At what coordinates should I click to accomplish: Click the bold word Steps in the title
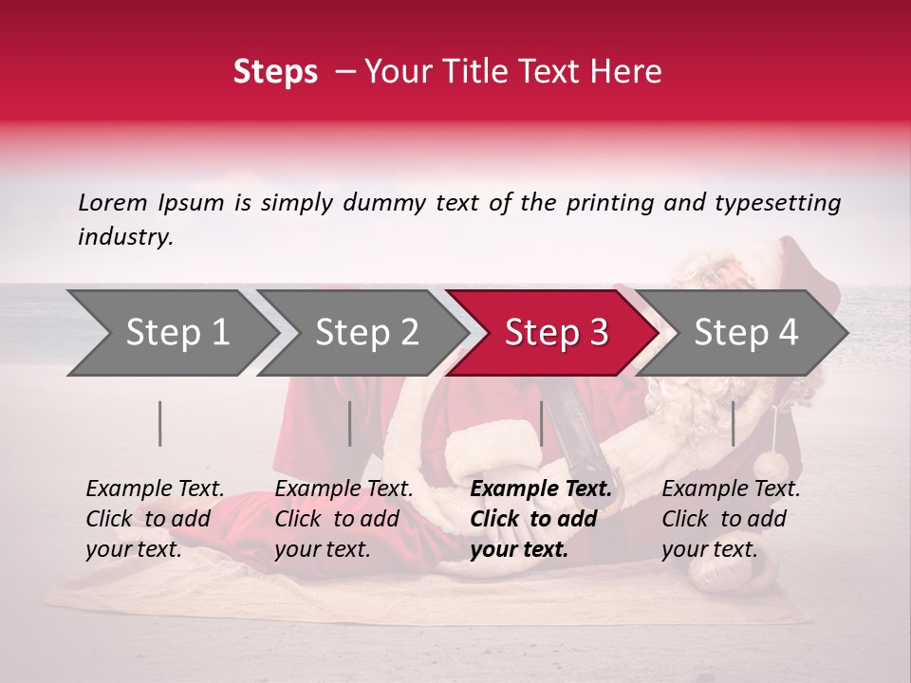tap(275, 71)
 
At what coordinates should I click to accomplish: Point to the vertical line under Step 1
tap(160, 423)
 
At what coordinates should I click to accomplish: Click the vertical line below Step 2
tap(350, 423)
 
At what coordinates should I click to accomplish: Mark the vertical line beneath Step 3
tap(541, 423)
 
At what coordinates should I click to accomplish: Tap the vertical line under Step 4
tap(733, 423)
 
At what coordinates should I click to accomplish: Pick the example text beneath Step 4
tap(731, 519)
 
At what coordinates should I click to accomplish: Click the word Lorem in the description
tap(112, 202)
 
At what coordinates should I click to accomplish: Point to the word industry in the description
tap(125, 237)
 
